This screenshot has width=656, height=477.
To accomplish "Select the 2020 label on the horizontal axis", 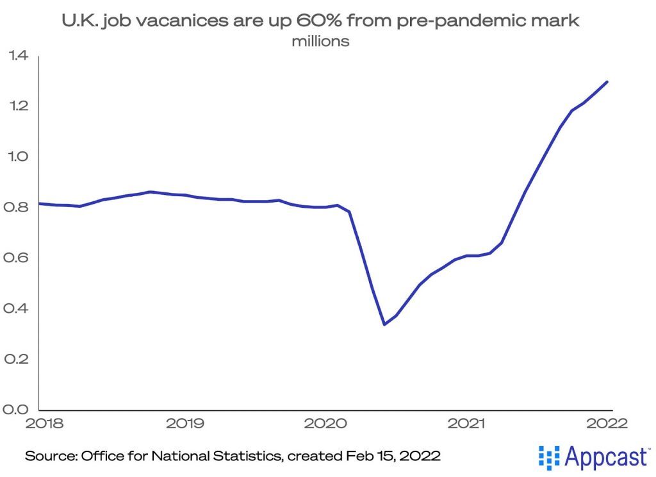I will click(325, 423).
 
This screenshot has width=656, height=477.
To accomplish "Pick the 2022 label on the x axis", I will click(605, 423).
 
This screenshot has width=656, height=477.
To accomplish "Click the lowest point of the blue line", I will click(384, 324).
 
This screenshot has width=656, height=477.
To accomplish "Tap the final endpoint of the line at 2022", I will click(607, 81).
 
